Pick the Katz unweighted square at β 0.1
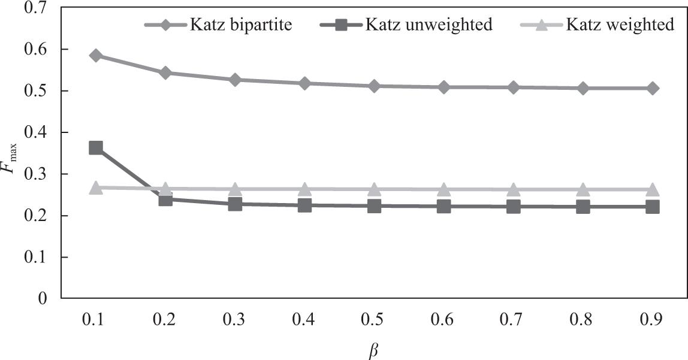(x=96, y=148)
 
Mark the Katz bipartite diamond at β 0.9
(x=653, y=88)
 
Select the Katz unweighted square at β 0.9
(x=653, y=207)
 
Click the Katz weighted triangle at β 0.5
(x=375, y=189)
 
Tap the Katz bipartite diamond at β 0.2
(x=165, y=73)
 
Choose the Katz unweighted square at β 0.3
(x=235, y=204)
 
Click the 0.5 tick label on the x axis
(x=375, y=320)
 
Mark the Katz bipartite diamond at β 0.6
(x=444, y=87)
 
